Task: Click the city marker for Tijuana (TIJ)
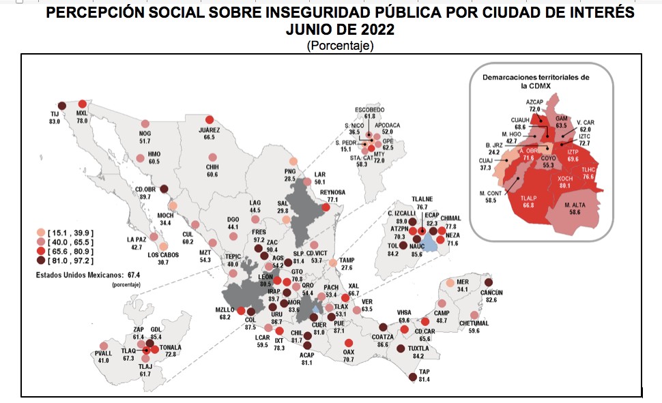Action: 61,105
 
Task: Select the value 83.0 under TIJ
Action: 55,121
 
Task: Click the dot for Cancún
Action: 489,282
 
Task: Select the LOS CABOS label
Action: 164,254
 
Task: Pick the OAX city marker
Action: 349,343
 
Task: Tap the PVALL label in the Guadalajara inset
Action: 104,353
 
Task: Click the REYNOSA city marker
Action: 326,207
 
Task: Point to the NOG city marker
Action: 145,124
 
